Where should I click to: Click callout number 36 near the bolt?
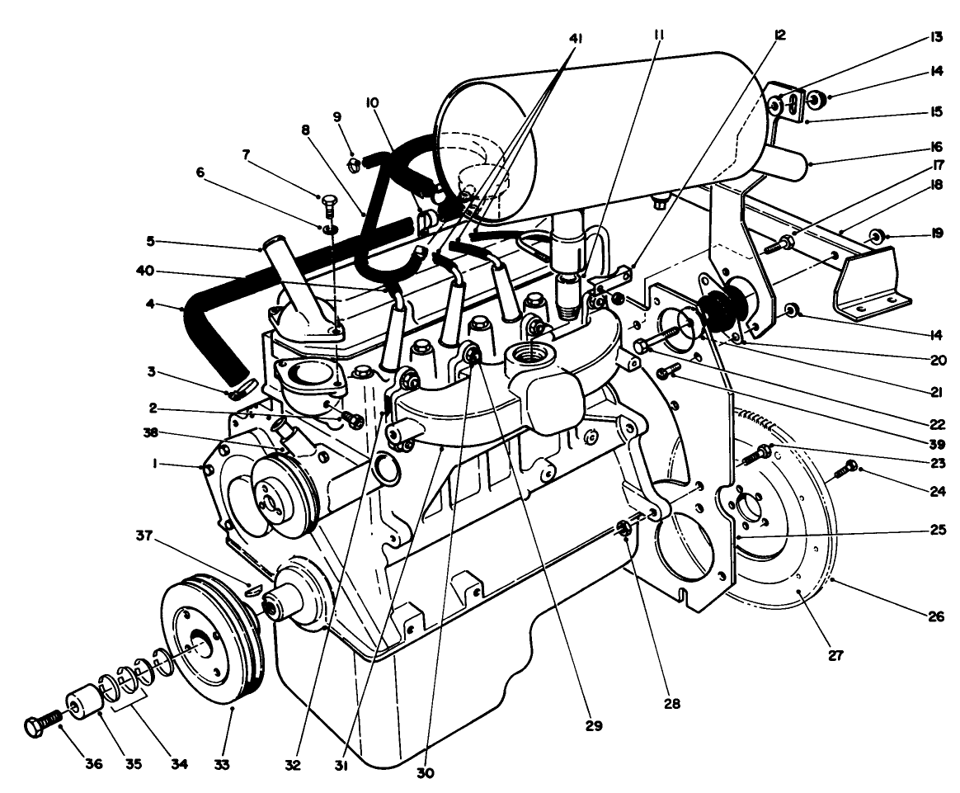(93, 764)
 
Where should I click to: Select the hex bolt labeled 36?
(39, 726)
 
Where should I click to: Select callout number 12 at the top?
(779, 35)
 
